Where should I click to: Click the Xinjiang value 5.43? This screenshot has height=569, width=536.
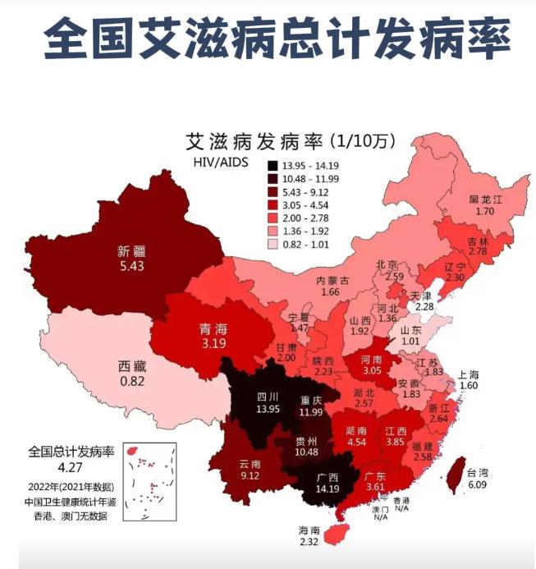[131, 267]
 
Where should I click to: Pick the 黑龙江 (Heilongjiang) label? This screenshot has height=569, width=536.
[486, 199]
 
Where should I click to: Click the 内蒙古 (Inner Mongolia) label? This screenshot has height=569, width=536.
[333, 280]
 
